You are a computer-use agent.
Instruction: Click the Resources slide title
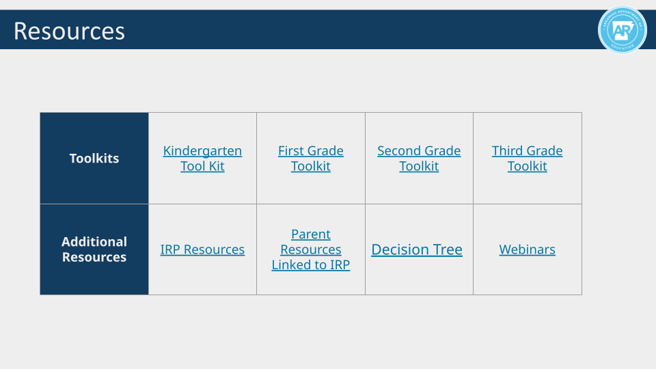(69, 31)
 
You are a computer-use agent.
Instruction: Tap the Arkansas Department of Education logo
(622, 30)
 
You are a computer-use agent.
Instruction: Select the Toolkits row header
(94, 159)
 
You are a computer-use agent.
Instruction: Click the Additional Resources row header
(94, 249)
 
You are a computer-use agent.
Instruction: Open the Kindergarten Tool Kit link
(202, 159)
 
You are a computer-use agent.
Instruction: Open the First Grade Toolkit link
(311, 159)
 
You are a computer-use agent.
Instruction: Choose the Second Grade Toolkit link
(419, 159)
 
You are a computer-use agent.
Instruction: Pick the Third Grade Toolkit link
(527, 159)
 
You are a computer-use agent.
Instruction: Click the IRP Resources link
(202, 250)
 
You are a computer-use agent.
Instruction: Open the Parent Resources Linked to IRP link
(311, 249)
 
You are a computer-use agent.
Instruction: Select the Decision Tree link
(417, 250)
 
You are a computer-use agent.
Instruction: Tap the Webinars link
(527, 250)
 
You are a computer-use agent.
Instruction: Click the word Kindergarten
(202, 151)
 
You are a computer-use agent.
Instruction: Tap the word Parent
(311, 234)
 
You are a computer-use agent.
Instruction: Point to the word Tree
(445, 250)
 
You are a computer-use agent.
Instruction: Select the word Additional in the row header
(94, 242)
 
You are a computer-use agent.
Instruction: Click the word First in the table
(290, 151)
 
